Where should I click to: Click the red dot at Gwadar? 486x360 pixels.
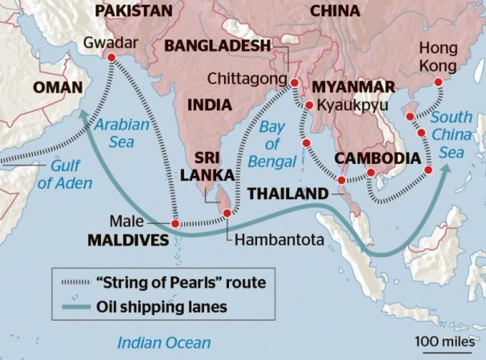(110, 57)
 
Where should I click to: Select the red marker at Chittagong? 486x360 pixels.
(294, 83)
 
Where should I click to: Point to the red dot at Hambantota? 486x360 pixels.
(227, 213)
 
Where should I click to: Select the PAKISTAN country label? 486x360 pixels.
(135, 11)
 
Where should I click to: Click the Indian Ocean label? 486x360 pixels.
(164, 342)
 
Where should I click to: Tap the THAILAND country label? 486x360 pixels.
(287, 193)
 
